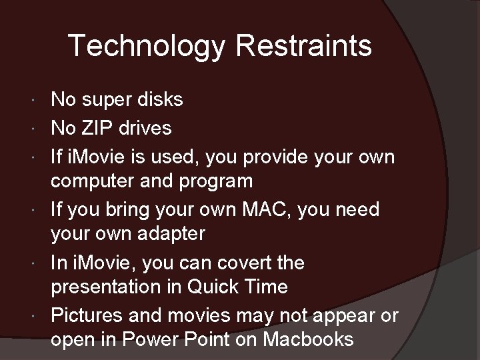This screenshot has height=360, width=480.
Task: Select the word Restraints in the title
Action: tap(303, 46)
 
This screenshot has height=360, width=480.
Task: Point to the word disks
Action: tap(159, 100)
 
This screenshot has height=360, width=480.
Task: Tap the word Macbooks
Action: tap(308, 339)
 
